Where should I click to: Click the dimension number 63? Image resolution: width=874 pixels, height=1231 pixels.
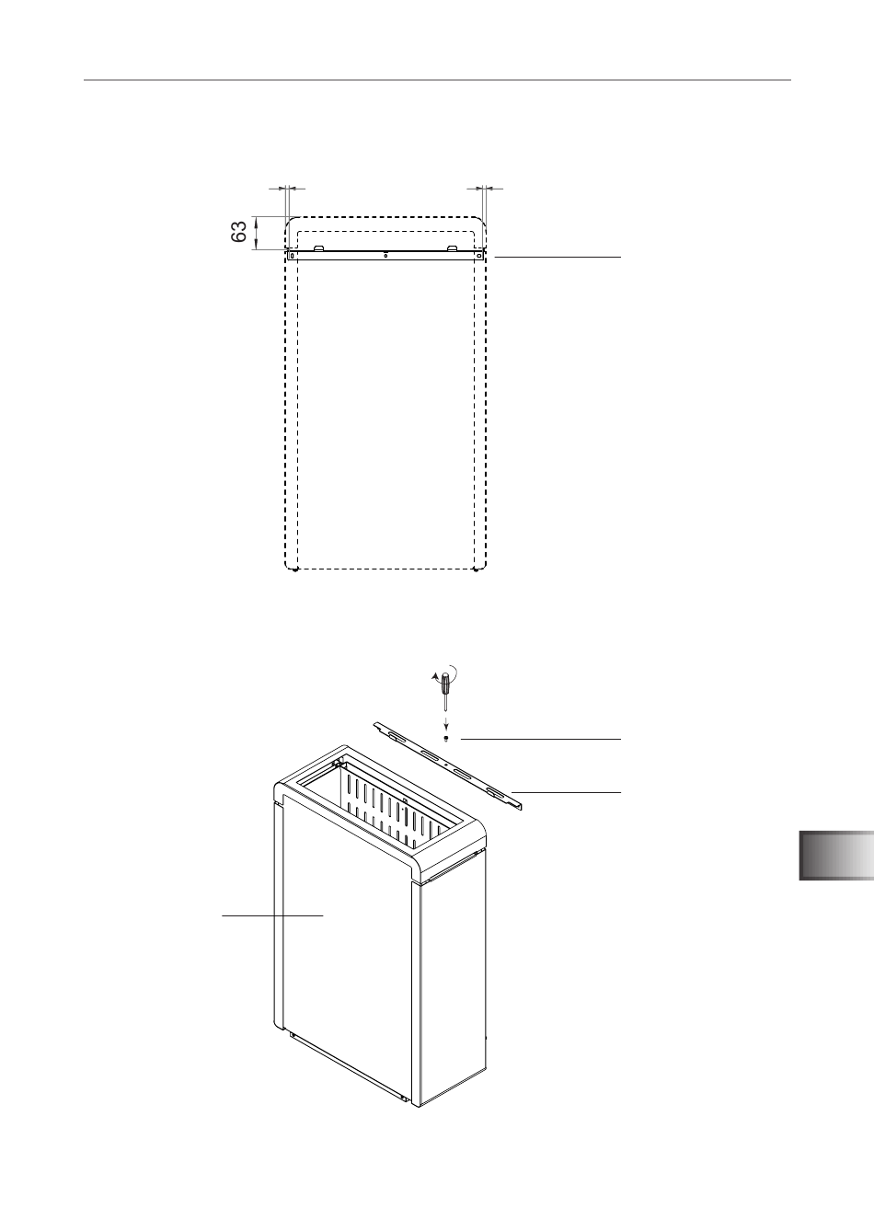(x=238, y=232)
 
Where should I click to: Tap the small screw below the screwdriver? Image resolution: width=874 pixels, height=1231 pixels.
(x=446, y=738)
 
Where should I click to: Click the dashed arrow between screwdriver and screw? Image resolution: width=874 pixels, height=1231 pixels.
(x=446, y=722)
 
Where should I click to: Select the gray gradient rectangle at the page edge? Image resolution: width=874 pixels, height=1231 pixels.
(x=836, y=856)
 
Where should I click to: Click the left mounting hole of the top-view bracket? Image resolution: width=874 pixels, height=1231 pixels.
(x=292, y=256)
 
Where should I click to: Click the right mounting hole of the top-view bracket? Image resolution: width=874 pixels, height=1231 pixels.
(x=478, y=256)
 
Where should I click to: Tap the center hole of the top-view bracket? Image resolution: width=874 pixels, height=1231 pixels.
(x=385, y=256)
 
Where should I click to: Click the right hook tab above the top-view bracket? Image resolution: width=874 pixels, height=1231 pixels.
(x=452, y=247)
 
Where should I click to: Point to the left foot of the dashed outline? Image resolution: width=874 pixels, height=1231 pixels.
(x=296, y=570)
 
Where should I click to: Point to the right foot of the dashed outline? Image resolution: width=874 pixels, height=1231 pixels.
(x=475, y=570)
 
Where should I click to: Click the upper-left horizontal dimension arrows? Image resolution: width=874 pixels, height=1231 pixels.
(x=287, y=189)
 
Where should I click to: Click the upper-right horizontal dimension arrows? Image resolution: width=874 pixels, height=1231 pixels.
(x=484, y=189)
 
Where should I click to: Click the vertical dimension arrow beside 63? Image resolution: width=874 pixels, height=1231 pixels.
(x=256, y=233)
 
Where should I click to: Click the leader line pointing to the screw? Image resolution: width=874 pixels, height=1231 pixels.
(x=541, y=740)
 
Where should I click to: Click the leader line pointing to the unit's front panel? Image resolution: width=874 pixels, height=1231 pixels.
(x=272, y=915)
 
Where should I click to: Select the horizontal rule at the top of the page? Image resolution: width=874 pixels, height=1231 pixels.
(x=437, y=80)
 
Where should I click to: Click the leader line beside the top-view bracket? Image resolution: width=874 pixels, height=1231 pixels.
(x=558, y=257)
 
